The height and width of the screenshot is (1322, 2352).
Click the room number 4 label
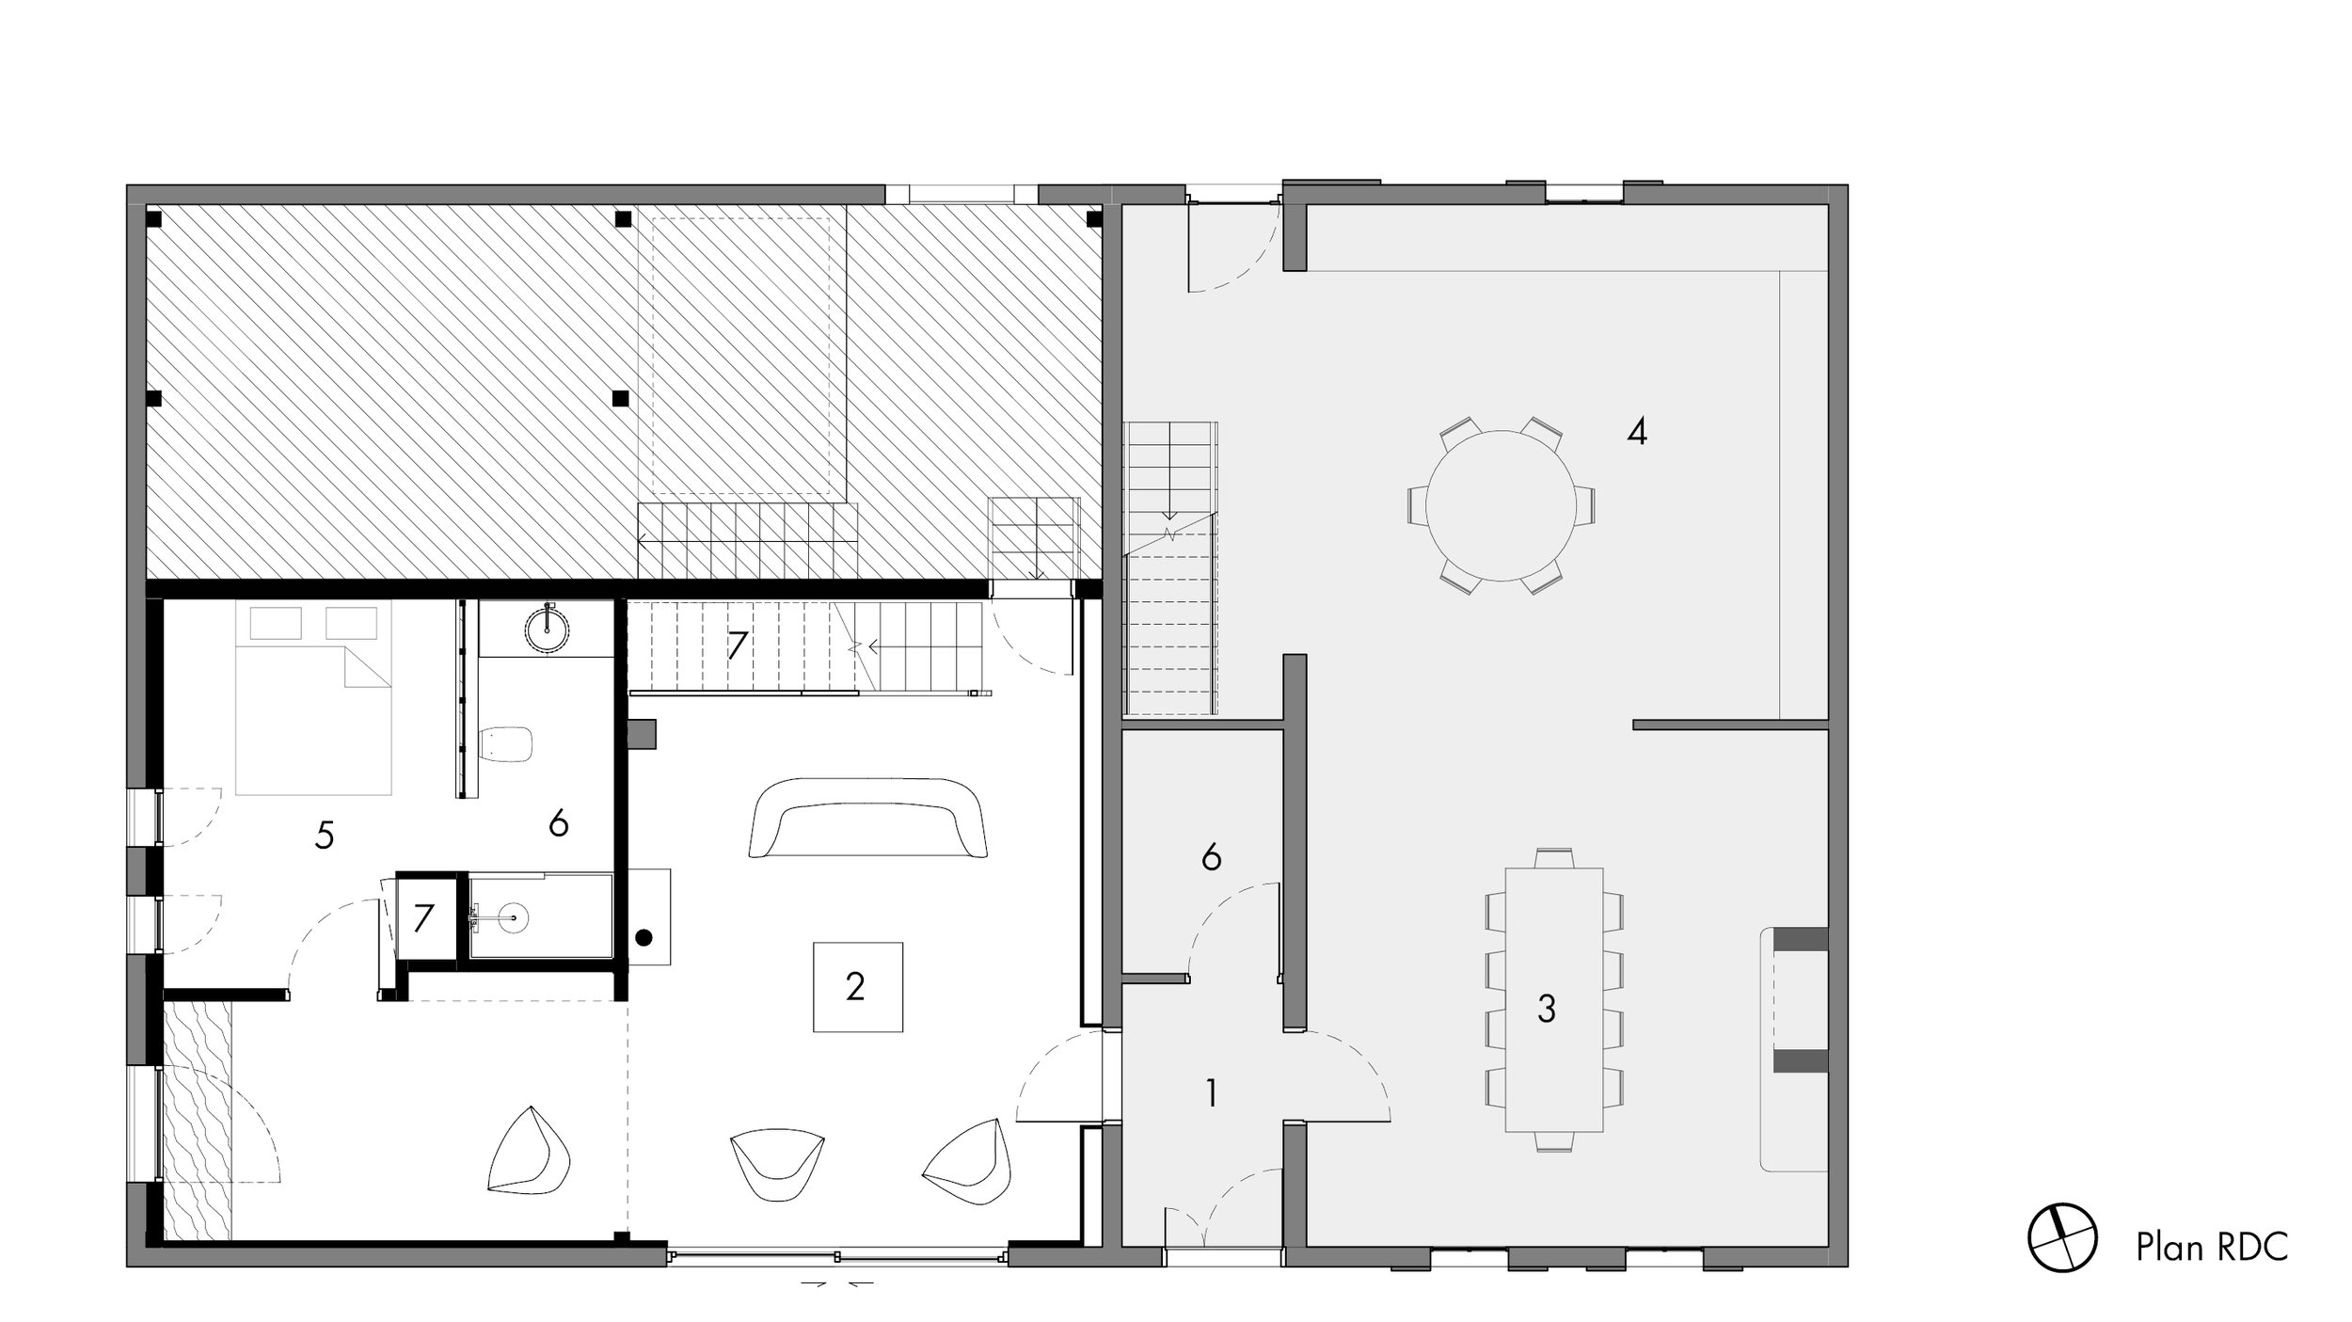coord(1636,433)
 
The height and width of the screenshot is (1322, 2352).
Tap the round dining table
coord(1500,506)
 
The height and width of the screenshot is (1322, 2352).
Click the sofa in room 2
coord(866,817)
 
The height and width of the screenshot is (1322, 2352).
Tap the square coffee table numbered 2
coord(857,987)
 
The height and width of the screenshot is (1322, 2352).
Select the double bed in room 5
coord(313,701)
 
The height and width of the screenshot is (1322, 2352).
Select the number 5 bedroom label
coord(325,836)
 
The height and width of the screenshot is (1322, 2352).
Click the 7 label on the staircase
coord(737,646)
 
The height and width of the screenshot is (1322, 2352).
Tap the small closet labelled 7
coord(423,917)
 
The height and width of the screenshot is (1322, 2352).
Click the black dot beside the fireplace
coord(644,937)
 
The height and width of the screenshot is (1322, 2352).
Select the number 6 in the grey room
coord(1211,857)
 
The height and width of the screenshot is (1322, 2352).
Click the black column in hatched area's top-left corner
coord(154,220)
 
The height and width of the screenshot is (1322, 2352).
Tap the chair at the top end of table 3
coord(1554,858)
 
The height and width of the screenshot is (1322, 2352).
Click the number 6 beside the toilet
coord(558,824)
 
